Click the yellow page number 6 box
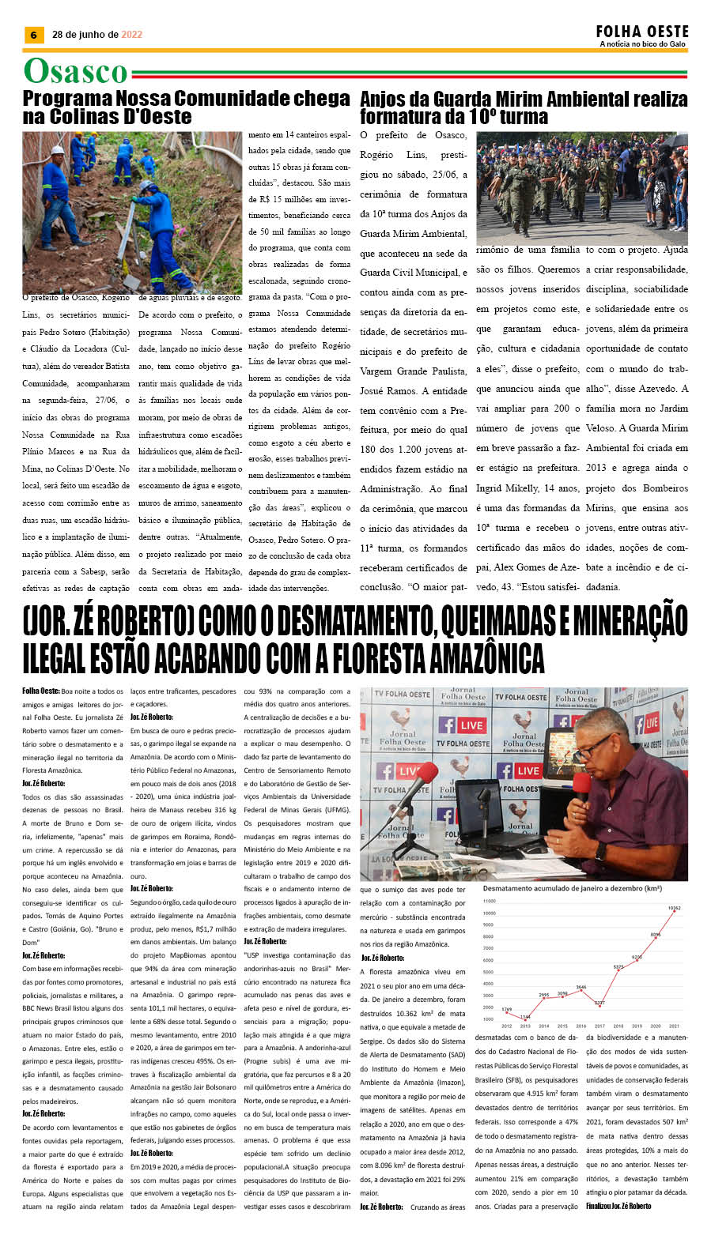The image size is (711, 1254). click(x=33, y=35)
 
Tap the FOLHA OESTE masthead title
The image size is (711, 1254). click(x=642, y=32)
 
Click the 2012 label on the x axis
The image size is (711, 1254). click(x=506, y=1026)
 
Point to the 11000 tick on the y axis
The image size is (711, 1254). click(x=489, y=901)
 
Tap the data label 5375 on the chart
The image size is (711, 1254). click(x=618, y=966)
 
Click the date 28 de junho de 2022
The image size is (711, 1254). click(x=97, y=35)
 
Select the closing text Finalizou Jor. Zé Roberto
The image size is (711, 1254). click(x=618, y=1207)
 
